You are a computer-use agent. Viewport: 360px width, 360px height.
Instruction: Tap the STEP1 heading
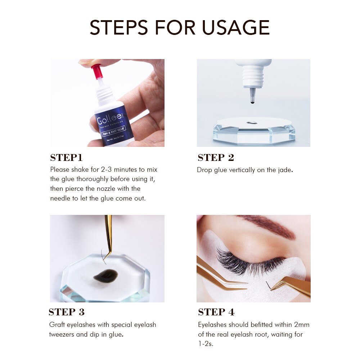tap(66, 158)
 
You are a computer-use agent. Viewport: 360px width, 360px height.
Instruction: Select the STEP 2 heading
tap(216, 158)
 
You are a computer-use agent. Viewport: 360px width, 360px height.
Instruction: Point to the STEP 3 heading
tap(66, 312)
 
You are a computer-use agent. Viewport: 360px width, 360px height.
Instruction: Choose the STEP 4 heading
tap(216, 312)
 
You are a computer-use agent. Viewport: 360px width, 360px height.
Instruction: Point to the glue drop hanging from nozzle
tap(252, 103)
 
